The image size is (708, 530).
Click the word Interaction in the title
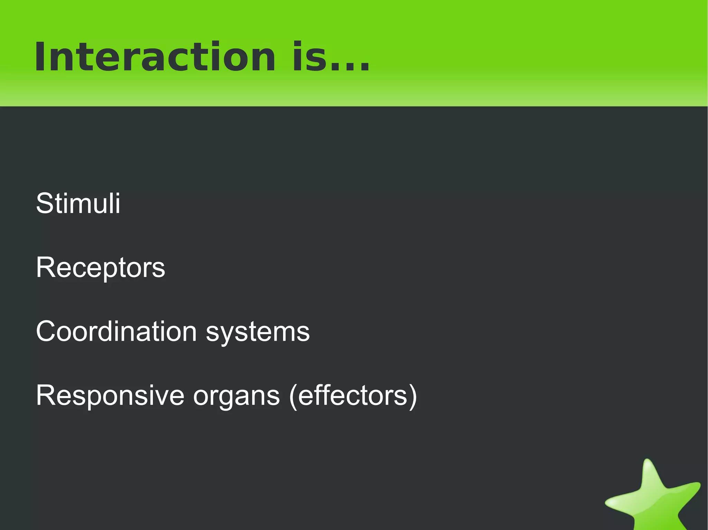pos(155,57)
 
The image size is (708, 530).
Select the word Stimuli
pos(78,203)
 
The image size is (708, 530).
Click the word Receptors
pos(100,268)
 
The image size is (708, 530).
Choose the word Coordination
pos(116,331)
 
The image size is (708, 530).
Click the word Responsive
pos(110,396)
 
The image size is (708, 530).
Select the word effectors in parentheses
pos(353,396)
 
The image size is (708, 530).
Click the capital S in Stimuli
pos(45,203)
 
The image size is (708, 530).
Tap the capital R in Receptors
pos(46,268)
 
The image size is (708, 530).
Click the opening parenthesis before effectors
pos(293,397)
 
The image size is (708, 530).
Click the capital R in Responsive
pos(46,396)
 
